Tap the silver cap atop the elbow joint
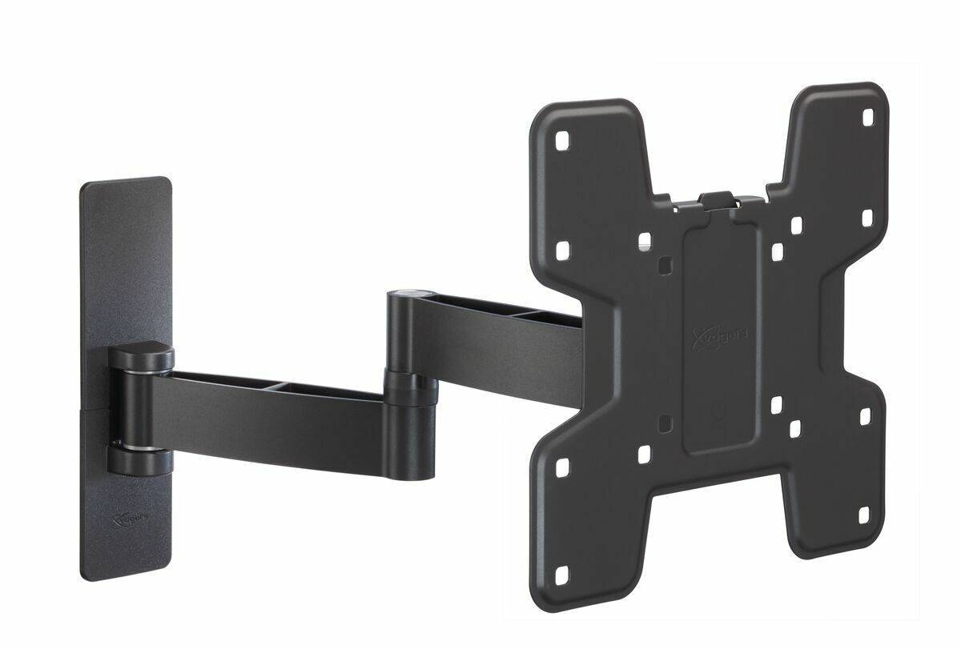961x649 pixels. (410, 294)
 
